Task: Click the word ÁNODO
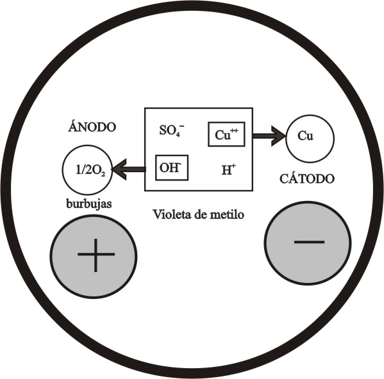coord(92,127)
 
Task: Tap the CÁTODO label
coord(307,178)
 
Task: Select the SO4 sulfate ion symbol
coord(172,130)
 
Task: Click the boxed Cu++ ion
coord(226,134)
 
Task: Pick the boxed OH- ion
coord(172,168)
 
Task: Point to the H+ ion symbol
coord(229,170)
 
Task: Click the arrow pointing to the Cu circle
coord(269,136)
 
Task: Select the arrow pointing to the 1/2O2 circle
coord(129,169)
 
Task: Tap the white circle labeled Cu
coord(310,139)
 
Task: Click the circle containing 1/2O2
coord(87,170)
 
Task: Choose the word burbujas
coord(89,204)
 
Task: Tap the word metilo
coord(228,214)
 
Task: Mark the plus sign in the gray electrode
coord(96,255)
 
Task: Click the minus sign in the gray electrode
coord(309,242)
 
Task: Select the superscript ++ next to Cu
coord(234,131)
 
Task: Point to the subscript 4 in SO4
coord(178,134)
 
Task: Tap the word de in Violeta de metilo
coord(201,214)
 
